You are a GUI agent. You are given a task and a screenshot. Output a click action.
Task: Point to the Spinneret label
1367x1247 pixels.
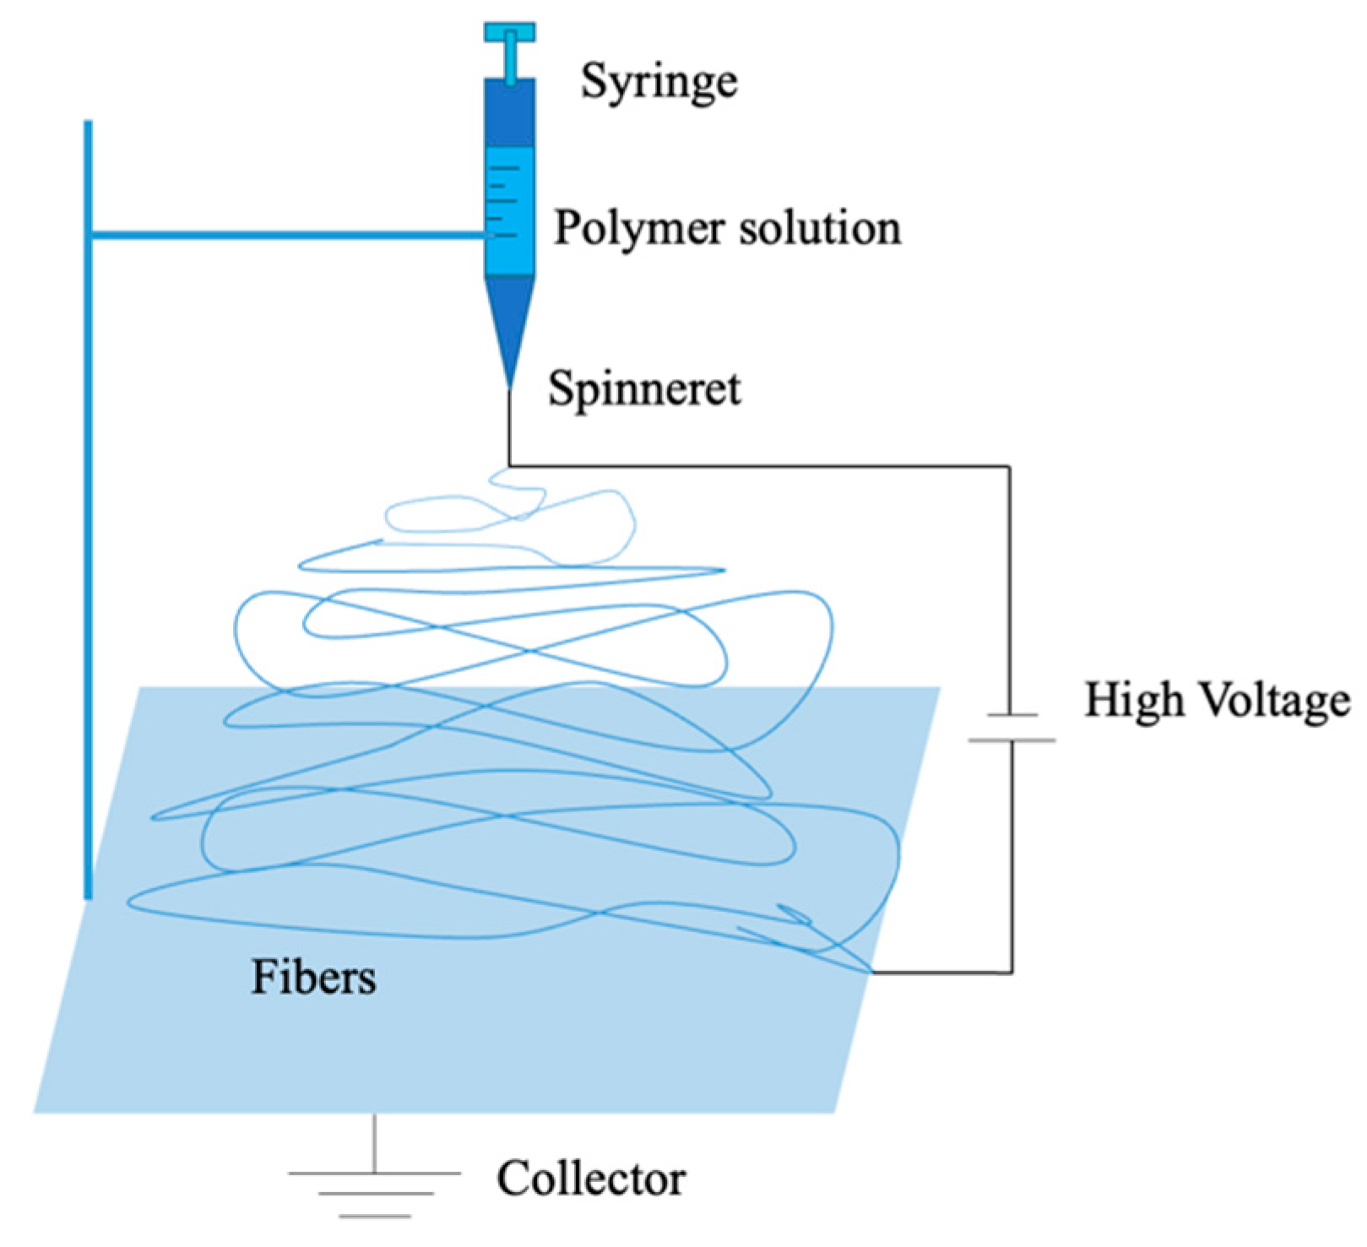click(x=644, y=389)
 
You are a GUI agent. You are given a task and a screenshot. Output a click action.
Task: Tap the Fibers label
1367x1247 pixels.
click(x=313, y=978)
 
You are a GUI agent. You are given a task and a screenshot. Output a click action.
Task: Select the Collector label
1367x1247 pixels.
click(x=590, y=1179)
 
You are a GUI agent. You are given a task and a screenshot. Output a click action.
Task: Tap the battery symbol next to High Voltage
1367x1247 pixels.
click(x=1012, y=728)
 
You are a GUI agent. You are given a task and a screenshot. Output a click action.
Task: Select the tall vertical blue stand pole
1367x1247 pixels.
click(x=88, y=507)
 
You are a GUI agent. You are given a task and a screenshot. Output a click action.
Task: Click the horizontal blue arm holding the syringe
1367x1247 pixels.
click(x=287, y=235)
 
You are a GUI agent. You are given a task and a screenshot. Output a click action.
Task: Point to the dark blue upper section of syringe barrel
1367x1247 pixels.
click(x=509, y=114)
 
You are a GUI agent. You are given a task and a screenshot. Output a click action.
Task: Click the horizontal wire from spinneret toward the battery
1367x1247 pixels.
click(x=760, y=465)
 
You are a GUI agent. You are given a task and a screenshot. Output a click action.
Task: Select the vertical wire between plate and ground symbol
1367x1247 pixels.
click(x=374, y=1141)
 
